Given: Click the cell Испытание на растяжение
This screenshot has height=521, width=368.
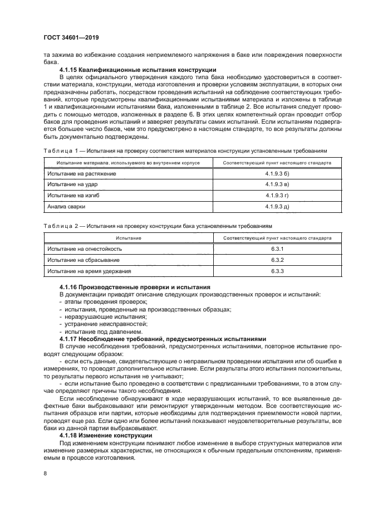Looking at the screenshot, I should [x=82, y=173].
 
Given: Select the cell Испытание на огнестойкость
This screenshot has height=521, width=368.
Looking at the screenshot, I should [x=84, y=249].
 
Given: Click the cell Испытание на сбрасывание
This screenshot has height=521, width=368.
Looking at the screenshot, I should [x=82, y=260].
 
